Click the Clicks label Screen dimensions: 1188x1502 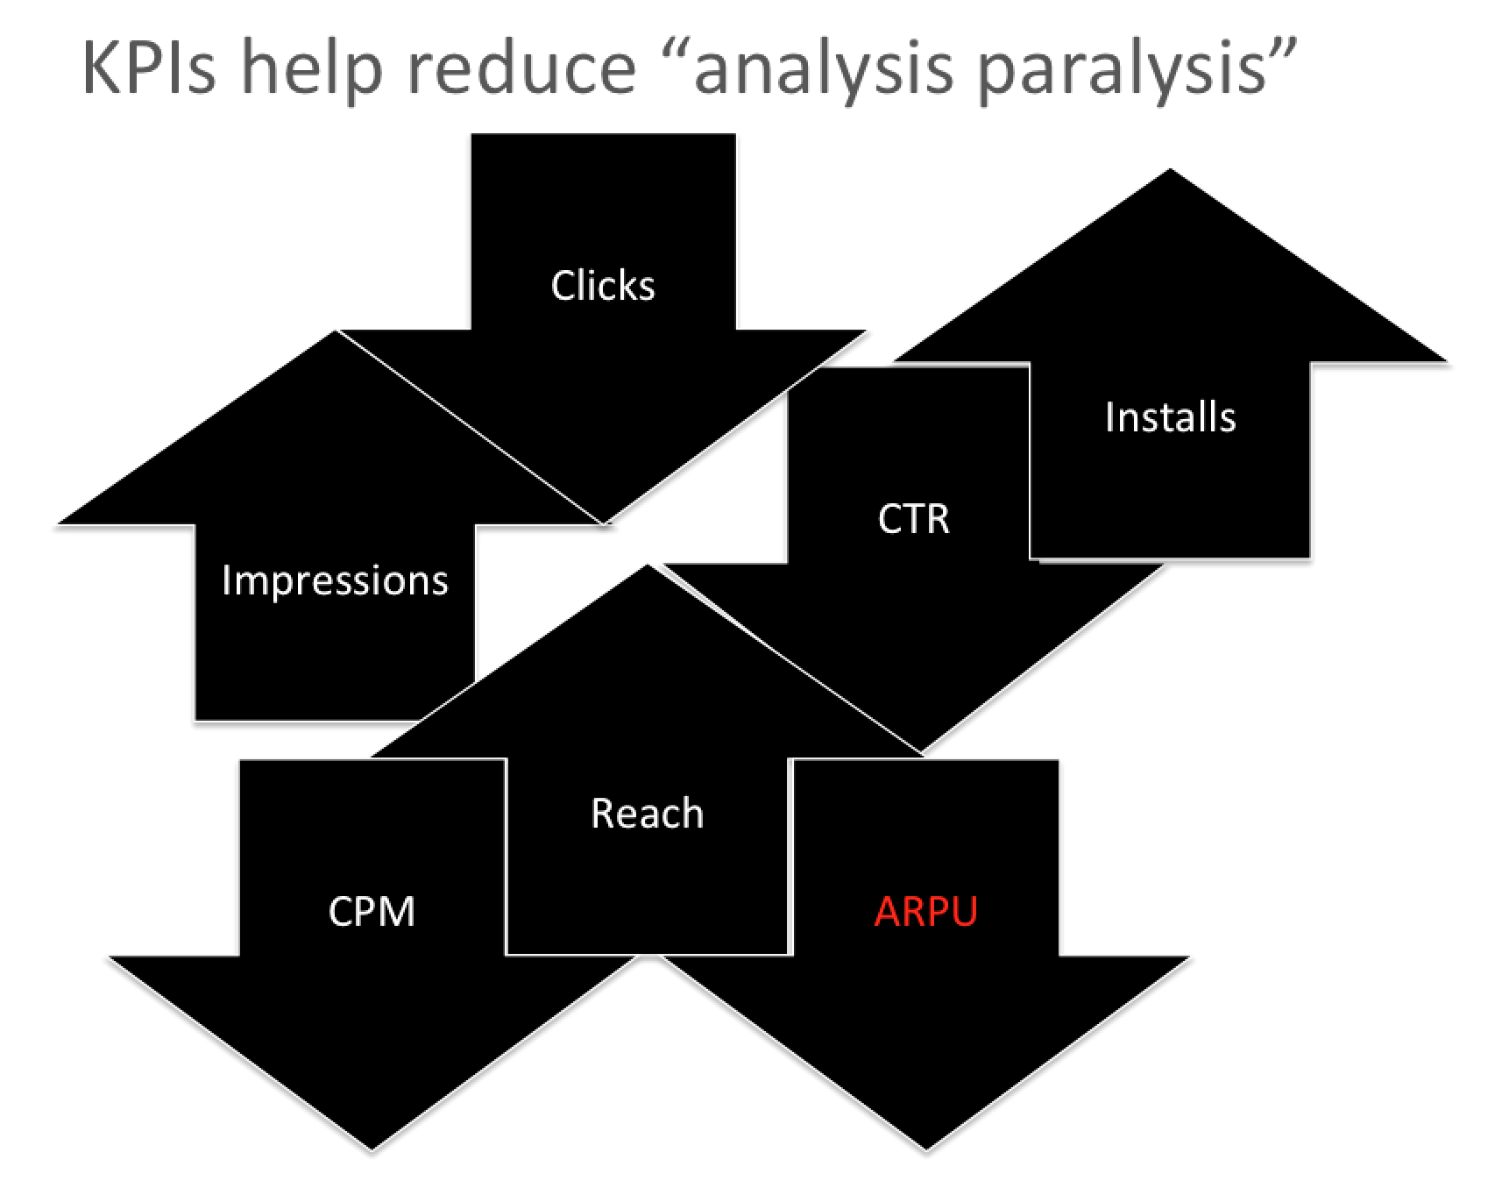point(603,286)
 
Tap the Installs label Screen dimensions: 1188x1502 point(1170,416)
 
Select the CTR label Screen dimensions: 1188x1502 point(913,518)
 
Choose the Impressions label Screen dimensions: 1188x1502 point(335,580)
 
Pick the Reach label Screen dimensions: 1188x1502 point(647,814)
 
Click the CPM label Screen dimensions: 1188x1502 point(372,911)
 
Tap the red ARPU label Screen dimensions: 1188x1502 point(925,911)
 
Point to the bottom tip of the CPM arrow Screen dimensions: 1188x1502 point(372,1149)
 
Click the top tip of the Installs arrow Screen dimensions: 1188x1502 point(1170,170)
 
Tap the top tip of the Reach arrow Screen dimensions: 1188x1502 point(647,566)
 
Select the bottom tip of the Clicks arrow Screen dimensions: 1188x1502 point(604,523)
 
